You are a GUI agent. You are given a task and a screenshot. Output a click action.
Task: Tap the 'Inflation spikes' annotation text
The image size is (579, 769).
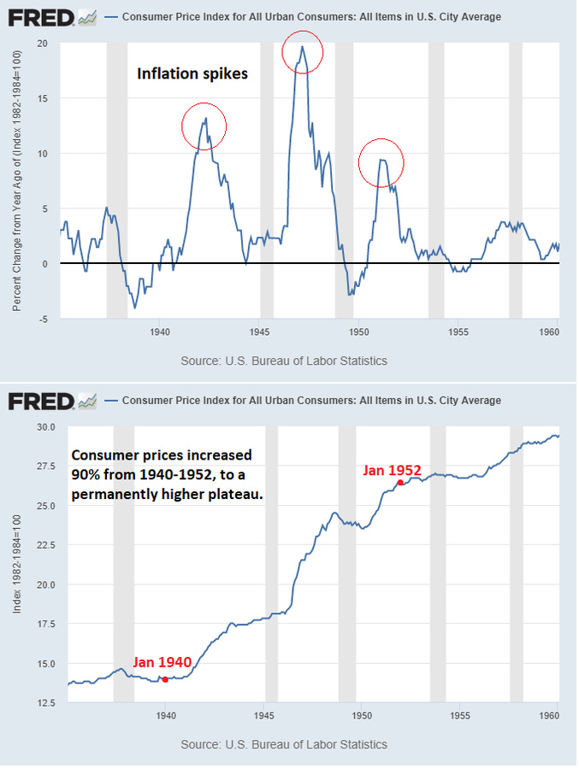[x=192, y=74]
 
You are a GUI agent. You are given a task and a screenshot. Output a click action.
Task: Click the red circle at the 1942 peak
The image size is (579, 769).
[x=204, y=126]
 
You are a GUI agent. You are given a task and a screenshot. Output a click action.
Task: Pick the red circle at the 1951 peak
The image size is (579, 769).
[x=381, y=161]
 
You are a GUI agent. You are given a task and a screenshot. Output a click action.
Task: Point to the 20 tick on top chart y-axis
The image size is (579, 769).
[x=43, y=44]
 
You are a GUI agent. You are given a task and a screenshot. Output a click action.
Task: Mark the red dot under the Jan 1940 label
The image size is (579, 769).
[x=165, y=679]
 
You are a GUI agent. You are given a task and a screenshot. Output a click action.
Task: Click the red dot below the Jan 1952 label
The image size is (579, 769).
[x=400, y=484]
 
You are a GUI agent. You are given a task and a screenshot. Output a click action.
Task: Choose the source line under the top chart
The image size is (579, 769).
[x=284, y=361]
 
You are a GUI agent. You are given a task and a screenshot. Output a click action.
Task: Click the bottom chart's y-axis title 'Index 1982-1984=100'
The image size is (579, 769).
[x=17, y=565]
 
